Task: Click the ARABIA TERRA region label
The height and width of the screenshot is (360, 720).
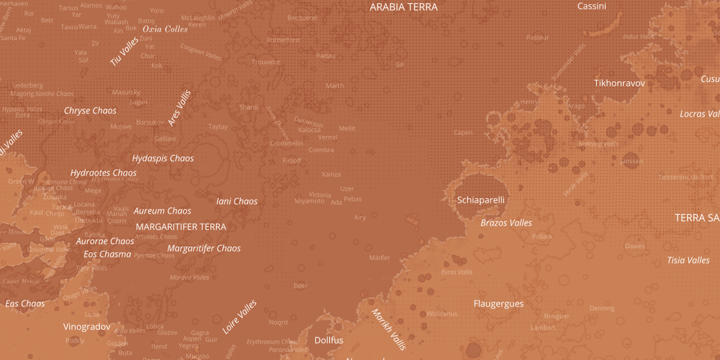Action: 403,7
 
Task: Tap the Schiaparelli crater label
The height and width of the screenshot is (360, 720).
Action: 481,200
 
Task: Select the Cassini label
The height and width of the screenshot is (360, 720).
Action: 591,7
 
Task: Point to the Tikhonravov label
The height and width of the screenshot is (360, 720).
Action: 619,83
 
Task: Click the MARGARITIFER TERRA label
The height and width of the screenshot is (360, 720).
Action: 181,227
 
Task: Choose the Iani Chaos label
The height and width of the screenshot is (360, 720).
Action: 237,201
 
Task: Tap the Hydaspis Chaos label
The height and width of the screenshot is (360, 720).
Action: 163,159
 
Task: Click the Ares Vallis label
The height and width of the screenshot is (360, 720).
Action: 179,108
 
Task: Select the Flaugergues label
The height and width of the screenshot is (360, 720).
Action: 498,304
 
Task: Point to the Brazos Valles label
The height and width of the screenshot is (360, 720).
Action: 506,223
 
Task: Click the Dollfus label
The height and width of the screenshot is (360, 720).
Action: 329,341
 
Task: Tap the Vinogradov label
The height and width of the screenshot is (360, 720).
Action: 87,327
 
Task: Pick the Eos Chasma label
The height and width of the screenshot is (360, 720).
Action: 107,254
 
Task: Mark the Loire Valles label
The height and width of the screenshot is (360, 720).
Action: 239,317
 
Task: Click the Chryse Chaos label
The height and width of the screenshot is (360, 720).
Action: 90,111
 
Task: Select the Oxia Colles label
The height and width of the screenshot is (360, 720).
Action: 165,29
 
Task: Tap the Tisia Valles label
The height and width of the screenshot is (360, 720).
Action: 688,260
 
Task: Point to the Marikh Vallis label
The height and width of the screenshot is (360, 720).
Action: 389,329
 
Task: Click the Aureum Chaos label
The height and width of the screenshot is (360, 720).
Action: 163,211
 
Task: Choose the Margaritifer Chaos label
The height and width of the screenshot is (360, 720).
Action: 204,249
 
